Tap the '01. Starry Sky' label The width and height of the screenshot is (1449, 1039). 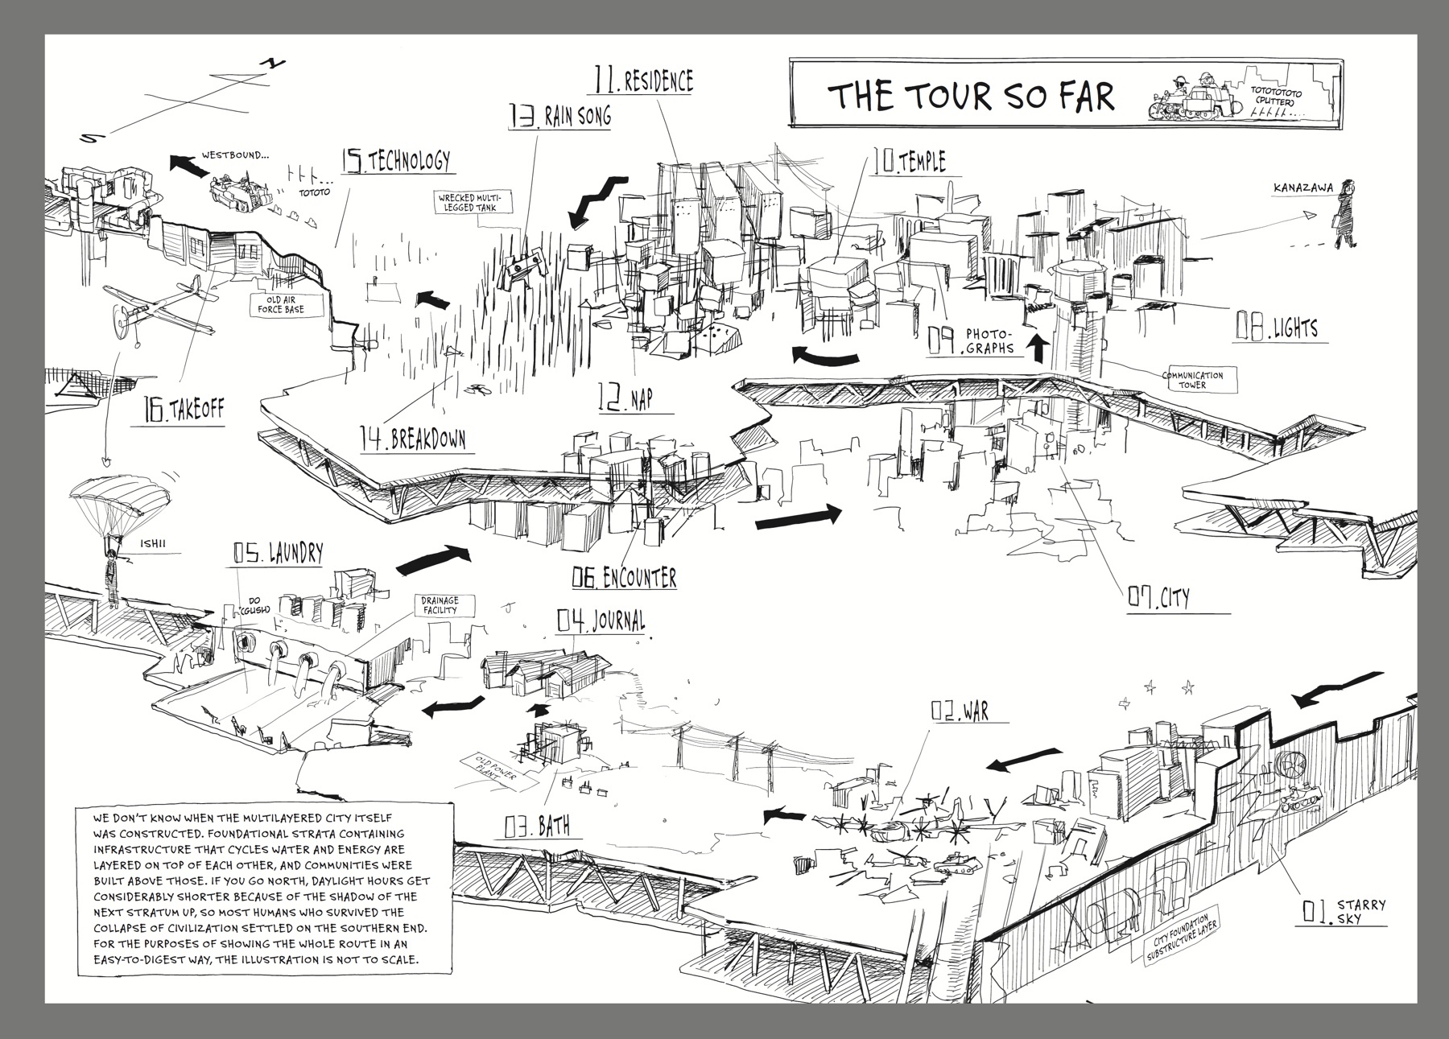click(x=1340, y=910)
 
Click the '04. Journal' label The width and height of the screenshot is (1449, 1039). click(x=601, y=621)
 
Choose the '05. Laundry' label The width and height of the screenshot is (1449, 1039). click(x=278, y=552)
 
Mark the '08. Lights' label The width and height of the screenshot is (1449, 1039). click(x=1277, y=327)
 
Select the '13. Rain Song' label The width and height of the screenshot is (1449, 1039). click(x=559, y=116)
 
